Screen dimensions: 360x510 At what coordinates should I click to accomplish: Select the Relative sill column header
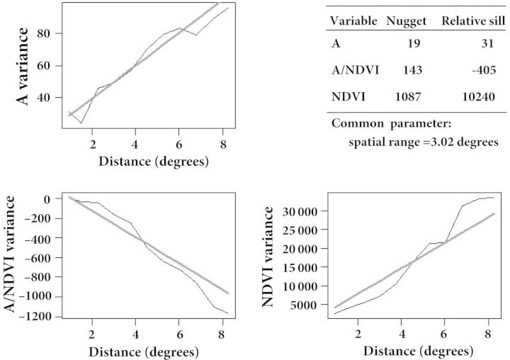(x=473, y=21)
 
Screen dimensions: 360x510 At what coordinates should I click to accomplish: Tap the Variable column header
(x=355, y=21)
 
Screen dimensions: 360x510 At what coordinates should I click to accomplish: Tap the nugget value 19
(x=414, y=44)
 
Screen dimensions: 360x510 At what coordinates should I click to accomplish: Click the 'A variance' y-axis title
(x=23, y=67)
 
